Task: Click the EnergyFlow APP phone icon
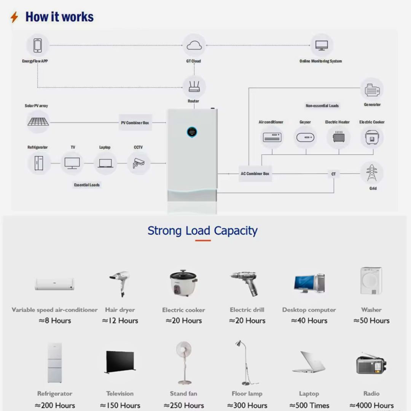pyautogui.click(x=37, y=45)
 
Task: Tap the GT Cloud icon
pyautogui.click(x=194, y=45)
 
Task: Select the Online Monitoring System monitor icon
pyautogui.click(x=322, y=45)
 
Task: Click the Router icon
pyautogui.click(x=194, y=87)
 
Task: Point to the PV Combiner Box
pyautogui.click(x=135, y=123)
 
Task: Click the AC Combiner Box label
pyautogui.click(x=255, y=174)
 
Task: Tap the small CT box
pyautogui.click(x=333, y=174)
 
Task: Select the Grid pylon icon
pyautogui.click(x=372, y=173)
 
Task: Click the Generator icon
pyautogui.click(x=371, y=90)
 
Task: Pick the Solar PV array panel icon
pyautogui.click(x=38, y=122)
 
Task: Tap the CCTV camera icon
pyautogui.click(x=138, y=163)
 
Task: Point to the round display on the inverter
pyautogui.click(x=192, y=132)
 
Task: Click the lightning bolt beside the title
pyautogui.click(x=14, y=17)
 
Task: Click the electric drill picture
pyautogui.click(x=245, y=283)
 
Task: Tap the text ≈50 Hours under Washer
pyautogui.click(x=371, y=320)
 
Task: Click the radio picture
pyautogui.click(x=371, y=364)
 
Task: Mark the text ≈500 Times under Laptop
pyautogui.click(x=309, y=405)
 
